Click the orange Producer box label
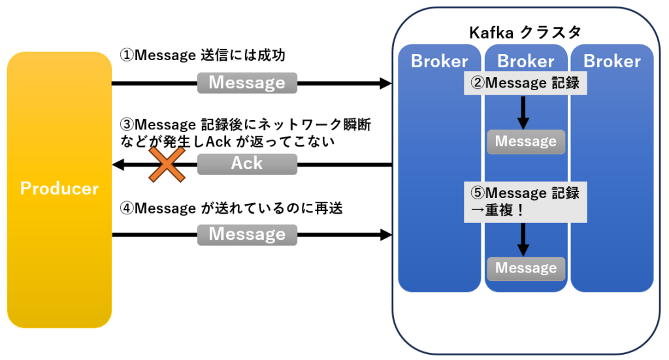tap(59, 189)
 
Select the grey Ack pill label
tap(247, 164)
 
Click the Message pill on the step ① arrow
tap(247, 83)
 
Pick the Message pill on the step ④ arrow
tap(247, 234)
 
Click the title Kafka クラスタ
tap(525, 33)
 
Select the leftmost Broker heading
tap(440, 61)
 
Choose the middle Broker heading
tap(526, 61)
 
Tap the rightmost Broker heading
tap(612, 61)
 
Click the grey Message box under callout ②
tap(526, 141)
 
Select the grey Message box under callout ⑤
tap(526, 268)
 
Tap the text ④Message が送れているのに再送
tap(232, 209)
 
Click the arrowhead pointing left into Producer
tap(118, 164)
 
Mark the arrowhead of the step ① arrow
tap(385, 83)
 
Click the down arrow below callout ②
tap(523, 114)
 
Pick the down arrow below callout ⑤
tap(523, 240)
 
